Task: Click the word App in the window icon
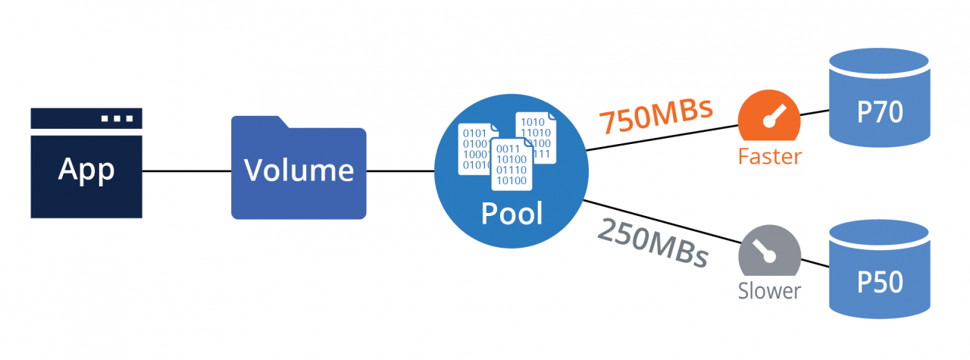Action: (x=86, y=169)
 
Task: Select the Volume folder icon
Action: (x=299, y=171)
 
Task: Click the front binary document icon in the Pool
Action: (x=509, y=164)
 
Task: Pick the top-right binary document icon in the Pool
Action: (x=537, y=136)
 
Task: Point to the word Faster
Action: (x=769, y=157)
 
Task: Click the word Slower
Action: (x=769, y=291)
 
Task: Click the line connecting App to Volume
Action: (x=186, y=171)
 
